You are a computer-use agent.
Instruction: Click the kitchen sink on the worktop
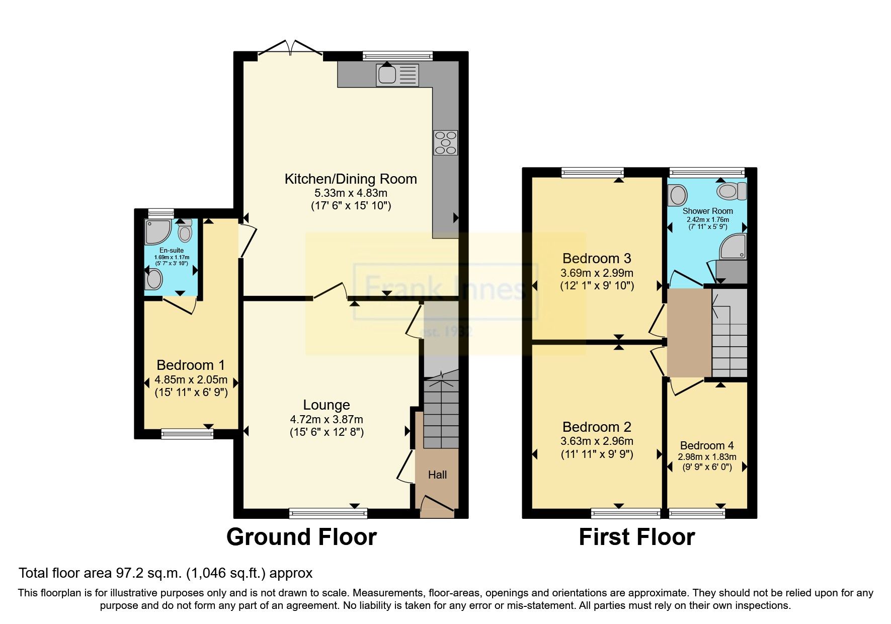click(396, 74)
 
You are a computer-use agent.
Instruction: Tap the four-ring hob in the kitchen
click(446, 142)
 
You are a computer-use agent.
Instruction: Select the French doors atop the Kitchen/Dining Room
click(290, 49)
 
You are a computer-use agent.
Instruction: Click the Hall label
click(437, 475)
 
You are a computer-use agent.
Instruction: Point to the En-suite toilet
click(185, 232)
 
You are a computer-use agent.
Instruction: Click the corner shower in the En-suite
click(157, 231)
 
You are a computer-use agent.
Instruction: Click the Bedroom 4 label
click(706, 445)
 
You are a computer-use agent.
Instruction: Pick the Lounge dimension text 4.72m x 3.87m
click(326, 419)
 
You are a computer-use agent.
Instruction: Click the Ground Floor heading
click(301, 537)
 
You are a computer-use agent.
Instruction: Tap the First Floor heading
click(636, 537)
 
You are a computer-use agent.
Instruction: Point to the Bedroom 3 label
click(597, 259)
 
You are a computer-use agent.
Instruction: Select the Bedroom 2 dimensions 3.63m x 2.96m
click(597, 441)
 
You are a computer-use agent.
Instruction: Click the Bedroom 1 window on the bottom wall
click(187, 434)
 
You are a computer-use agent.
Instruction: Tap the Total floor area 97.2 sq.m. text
click(166, 573)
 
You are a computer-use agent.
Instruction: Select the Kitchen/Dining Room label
click(351, 179)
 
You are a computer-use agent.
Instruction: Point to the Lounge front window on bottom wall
click(328, 513)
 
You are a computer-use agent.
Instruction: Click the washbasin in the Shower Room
click(677, 195)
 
